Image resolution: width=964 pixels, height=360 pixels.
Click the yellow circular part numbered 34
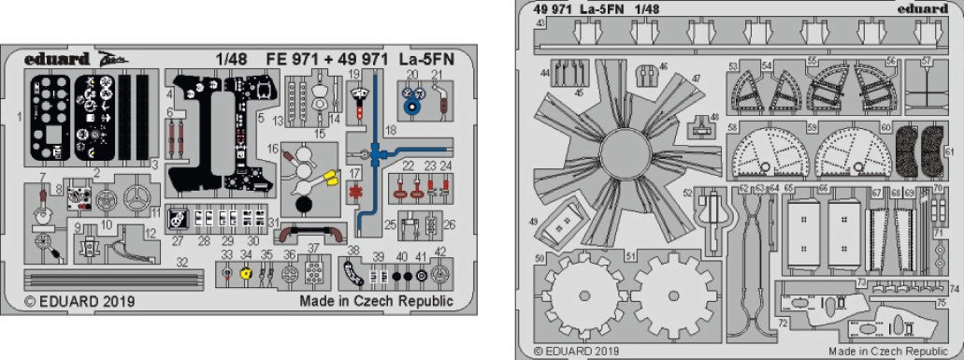pyautogui.click(x=246, y=274)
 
